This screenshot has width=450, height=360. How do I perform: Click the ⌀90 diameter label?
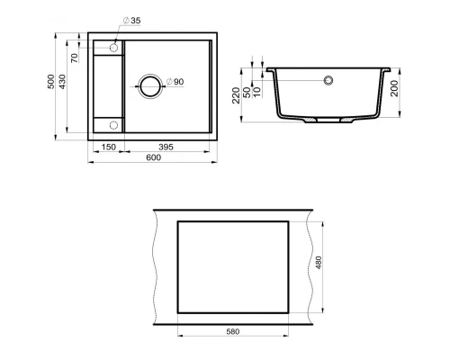point(175,83)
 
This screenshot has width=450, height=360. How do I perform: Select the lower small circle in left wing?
point(114,124)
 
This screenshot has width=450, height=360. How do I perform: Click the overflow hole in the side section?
point(329,80)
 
